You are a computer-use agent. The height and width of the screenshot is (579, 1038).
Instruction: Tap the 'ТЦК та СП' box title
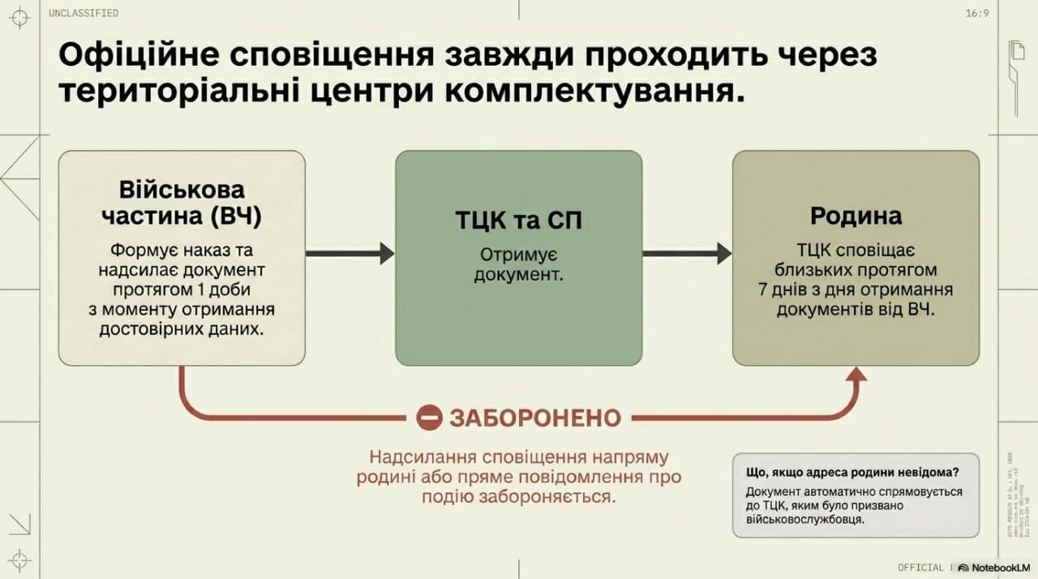click(x=518, y=221)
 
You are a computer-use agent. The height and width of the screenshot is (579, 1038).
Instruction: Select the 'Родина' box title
click(x=856, y=216)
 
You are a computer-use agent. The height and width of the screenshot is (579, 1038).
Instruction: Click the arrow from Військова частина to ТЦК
click(x=350, y=254)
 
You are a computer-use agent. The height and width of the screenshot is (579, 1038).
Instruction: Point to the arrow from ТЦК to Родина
click(x=687, y=254)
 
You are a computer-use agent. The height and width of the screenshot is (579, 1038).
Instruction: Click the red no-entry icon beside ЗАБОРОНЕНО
click(x=429, y=418)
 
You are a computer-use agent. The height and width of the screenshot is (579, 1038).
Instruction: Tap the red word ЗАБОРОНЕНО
click(x=535, y=418)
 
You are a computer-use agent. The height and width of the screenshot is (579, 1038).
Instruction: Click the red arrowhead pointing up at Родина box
click(x=856, y=374)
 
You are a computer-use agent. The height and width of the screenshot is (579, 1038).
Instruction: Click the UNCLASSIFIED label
click(x=84, y=13)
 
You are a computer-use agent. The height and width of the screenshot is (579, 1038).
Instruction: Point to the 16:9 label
click(x=977, y=13)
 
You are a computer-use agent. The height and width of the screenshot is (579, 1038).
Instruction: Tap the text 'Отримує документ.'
click(x=518, y=264)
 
